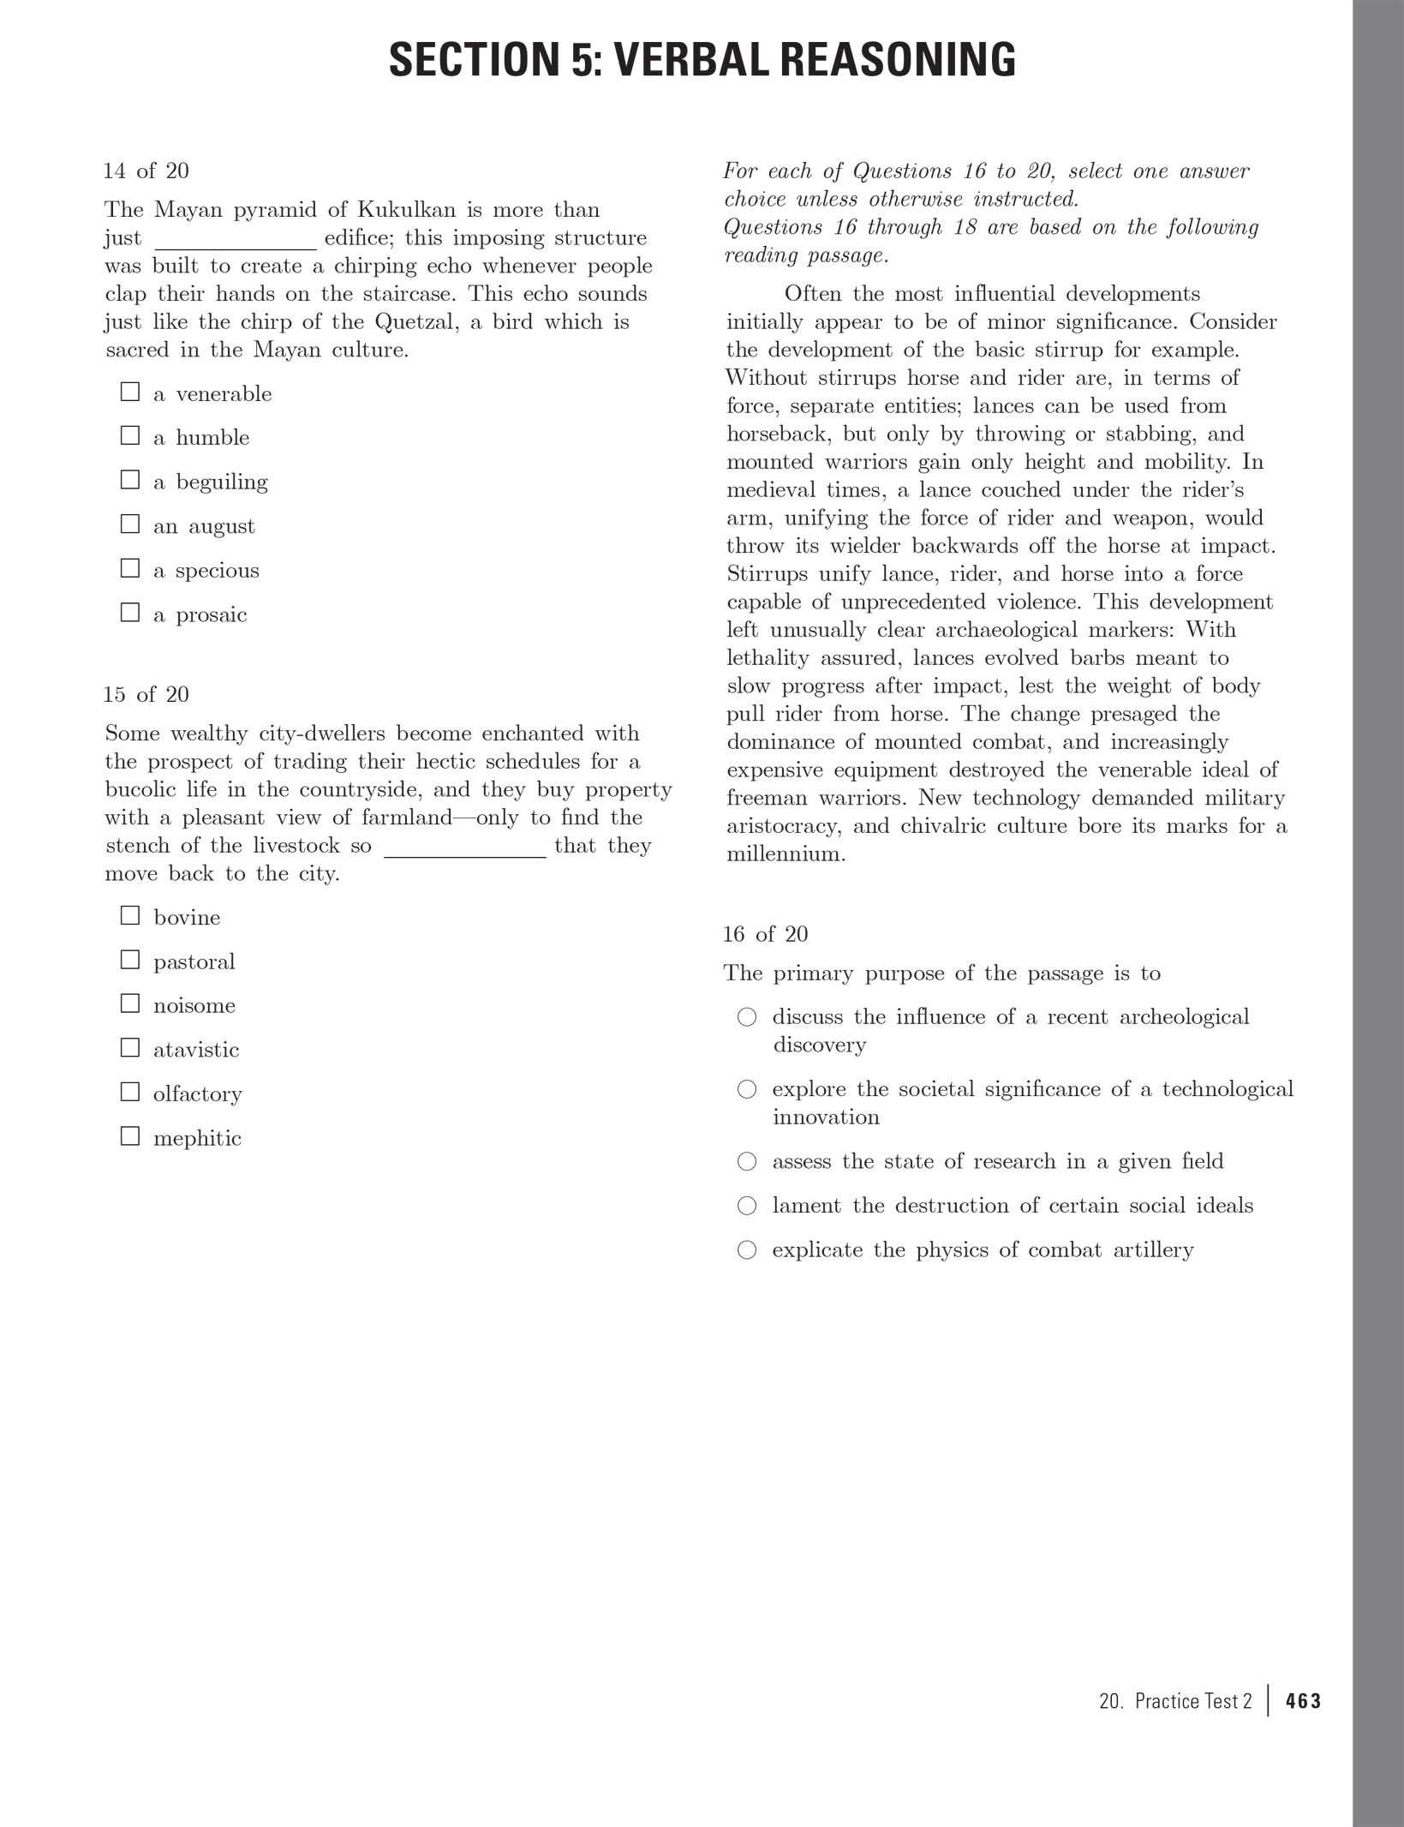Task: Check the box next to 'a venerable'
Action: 130,392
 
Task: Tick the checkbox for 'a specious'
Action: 130,568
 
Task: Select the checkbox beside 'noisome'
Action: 130,1003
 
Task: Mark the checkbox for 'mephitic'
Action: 130,1136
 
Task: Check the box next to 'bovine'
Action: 130,915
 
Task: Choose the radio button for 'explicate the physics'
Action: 747,1250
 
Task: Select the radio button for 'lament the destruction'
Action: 747,1206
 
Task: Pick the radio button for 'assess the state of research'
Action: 747,1161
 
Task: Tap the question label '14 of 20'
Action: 146,171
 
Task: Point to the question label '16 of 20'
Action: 765,934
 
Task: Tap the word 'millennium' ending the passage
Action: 784,854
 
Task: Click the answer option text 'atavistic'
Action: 196,1050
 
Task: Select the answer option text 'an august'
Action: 204,526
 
